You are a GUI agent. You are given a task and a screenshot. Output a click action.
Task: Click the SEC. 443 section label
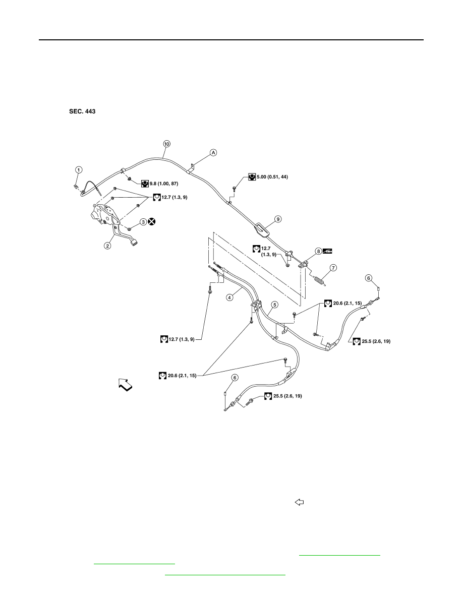[82, 111]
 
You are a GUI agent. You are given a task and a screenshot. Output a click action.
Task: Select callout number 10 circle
[166, 144]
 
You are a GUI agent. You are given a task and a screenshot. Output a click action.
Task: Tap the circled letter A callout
[213, 152]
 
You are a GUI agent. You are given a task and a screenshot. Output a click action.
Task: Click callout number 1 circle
[79, 169]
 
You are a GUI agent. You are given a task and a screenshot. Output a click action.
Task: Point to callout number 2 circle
[108, 246]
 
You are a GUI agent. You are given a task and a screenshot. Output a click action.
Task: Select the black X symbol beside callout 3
[152, 221]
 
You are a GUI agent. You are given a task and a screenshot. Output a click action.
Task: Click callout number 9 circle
[278, 219]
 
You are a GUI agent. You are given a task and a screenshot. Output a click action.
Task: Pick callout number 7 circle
[333, 268]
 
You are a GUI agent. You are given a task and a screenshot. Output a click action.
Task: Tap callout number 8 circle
[318, 251]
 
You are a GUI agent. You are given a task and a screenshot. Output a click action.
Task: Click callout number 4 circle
[229, 297]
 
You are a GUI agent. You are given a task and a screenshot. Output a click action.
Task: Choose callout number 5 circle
[275, 305]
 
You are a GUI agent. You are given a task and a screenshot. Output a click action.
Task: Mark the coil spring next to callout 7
[320, 280]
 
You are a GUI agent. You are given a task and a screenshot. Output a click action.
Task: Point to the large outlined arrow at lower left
[126, 385]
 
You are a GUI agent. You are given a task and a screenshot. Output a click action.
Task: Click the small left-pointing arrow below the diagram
[300, 502]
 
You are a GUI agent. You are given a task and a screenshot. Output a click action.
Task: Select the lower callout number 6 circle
[235, 378]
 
